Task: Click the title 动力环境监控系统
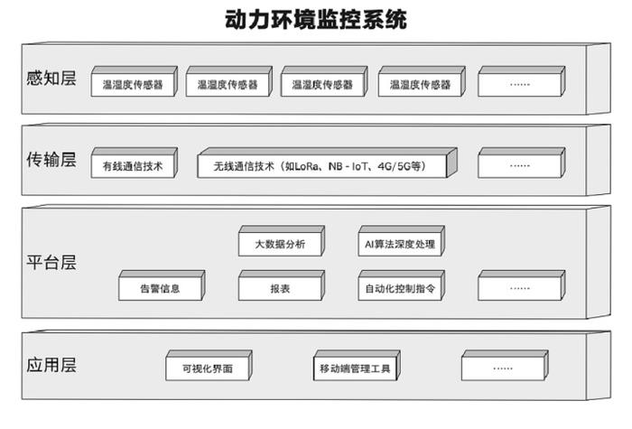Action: (x=316, y=19)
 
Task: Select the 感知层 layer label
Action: (x=51, y=79)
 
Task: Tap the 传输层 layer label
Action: (x=51, y=160)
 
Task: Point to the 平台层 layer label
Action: (x=51, y=262)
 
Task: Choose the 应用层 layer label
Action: (x=51, y=365)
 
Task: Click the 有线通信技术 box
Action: (x=135, y=163)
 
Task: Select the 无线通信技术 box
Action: (x=327, y=163)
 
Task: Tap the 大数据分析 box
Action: (x=282, y=241)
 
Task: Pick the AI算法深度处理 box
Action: (x=402, y=241)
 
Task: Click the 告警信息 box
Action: (x=162, y=285)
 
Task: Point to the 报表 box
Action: (x=282, y=285)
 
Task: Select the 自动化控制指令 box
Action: (x=402, y=285)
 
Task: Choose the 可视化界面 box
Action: (x=209, y=365)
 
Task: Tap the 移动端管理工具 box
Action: (x=357, y=365)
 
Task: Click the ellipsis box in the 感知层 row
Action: (x=522, y=81)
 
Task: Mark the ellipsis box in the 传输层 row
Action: (x=522, y=163)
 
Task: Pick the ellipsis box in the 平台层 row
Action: (x=522, y=285)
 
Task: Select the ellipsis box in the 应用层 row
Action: (x=505, y=365)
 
